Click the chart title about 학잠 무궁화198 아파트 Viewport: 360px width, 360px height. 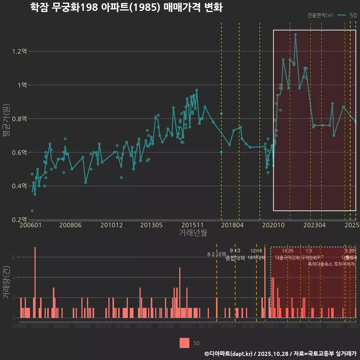click(127, 7)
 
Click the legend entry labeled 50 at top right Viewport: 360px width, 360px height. click(352, 15)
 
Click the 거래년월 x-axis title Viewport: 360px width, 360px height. click(193, 233)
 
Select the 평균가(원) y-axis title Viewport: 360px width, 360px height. click(6, 119)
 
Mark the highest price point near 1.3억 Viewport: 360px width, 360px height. click(295, 34)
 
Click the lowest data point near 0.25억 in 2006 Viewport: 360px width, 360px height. click(32, 211)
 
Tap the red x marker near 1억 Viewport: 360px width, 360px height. click(277, 88)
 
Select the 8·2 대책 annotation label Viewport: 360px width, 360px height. click(216, 254)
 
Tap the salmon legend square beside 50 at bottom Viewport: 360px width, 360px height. click(184, 343)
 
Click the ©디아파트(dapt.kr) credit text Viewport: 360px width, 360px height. click(229, 354)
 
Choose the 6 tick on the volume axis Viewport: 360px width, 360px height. click(14, 257)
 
